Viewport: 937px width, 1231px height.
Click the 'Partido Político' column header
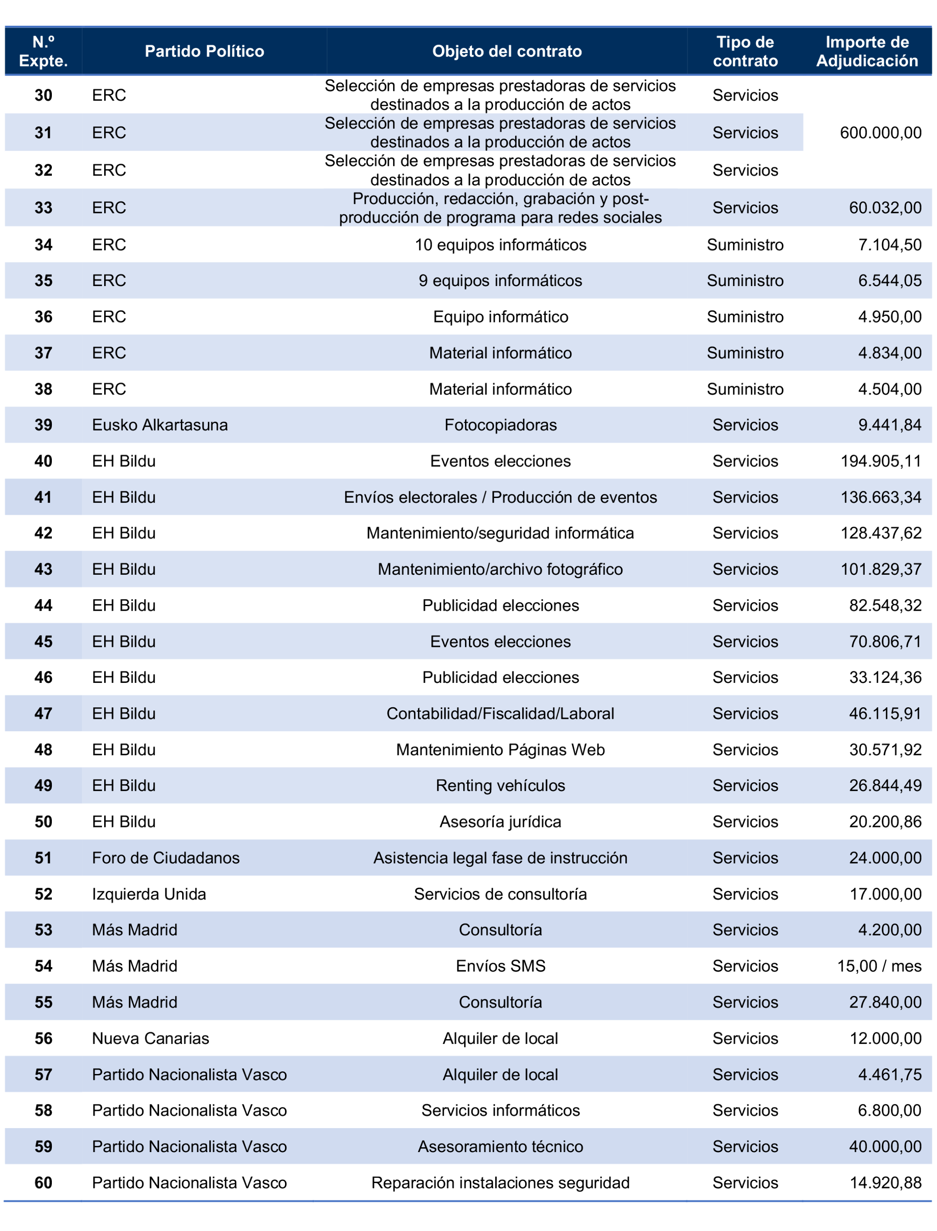pyautogui.click(x=204, y=51)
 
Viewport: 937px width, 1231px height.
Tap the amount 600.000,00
pyautogui.click(x=880, y=133)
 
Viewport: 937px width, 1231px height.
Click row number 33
pyautogui.click(x=43, y=208)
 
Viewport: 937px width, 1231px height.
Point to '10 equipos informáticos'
pyautogui.click(x=500, y=245)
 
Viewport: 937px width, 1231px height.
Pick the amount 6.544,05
pyautogui.click(x=889, y=281)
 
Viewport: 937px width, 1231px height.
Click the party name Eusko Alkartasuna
pyautogui.click(x=160, y=425)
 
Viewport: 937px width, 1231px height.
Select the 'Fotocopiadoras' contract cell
pyautogui.click(x=500, y=425)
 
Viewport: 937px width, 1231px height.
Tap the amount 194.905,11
pyautogui.click(x=880, y=462)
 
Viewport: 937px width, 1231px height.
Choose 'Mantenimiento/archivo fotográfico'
pyautogui.click(x=500, y=570)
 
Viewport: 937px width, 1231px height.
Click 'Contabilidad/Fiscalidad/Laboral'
pyautogui.click(x=500, y=714)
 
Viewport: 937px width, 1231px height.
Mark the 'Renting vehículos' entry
pyautogui.click(x=500, y=786)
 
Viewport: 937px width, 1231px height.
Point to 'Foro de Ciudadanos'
pyautogui.click(x=166, y=858)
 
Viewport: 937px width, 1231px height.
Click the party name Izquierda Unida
pyautogui.click(x=149, y=894)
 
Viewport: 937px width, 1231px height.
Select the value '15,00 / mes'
pyautogui.click(x=879, y=967)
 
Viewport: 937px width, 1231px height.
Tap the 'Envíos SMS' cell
pyautogui.click(x=500, y=967)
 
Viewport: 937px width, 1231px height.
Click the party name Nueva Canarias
pyautogui.click(x=151, y=1039)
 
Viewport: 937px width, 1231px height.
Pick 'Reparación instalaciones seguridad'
pyautogui.click(x=500, y=1183)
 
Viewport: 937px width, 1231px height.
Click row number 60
pyautogui.click(x=43, y=1183)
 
